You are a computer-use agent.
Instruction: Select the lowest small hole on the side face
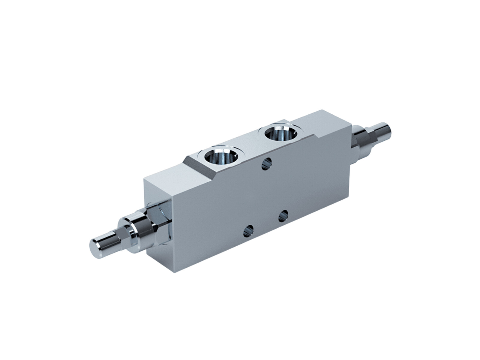248,230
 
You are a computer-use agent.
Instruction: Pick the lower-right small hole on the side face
283,215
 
